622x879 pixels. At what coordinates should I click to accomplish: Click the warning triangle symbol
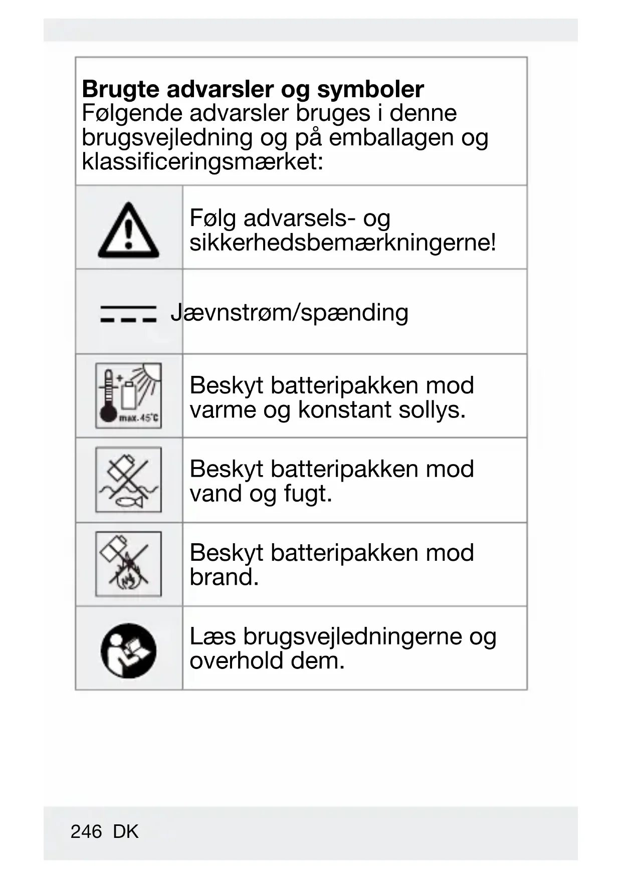point(128,231)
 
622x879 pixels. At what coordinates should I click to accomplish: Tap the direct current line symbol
point(128,313)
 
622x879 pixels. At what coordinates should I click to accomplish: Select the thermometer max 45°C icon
point(128,395)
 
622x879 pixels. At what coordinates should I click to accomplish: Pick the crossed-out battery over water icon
point(128,480)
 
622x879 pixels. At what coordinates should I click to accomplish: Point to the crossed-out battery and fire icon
point(128,564)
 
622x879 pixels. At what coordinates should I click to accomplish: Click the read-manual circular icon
point(128,650)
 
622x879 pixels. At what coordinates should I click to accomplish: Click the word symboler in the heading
point(370,90)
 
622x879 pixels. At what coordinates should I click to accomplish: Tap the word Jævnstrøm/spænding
point(289,313)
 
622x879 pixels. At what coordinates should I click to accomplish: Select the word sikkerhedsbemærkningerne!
point(343,243)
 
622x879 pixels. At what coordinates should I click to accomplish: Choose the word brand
point(224,577)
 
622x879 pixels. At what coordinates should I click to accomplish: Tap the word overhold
point(236,661)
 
